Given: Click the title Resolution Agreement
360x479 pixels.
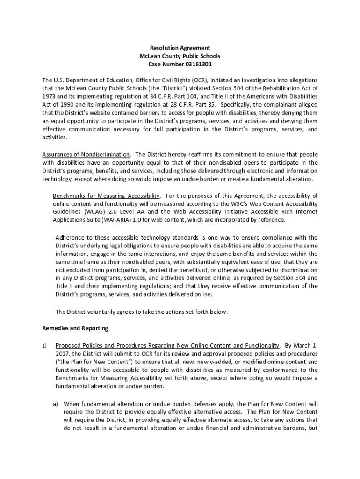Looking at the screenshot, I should (180, 48).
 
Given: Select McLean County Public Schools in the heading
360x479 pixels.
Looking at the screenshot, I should (180, 56).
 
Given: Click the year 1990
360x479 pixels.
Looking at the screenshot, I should (68, 105).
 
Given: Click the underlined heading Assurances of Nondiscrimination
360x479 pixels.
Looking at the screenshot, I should (86, 154).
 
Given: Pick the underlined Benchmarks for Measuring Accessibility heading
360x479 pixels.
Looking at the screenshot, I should (107, 196).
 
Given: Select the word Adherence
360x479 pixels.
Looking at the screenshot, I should (71, 237).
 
